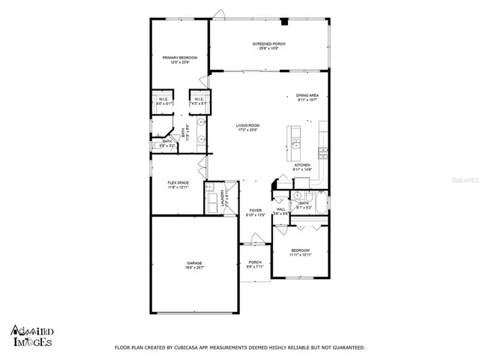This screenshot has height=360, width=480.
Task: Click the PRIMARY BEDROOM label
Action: tap(179, 57)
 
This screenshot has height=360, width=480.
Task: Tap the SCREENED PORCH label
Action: tap(268, 44)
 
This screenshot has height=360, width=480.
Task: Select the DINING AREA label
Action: tap(307, 95)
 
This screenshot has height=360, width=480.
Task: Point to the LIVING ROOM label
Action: tap(247, 125)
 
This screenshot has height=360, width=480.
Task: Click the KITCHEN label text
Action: tap(302, 165)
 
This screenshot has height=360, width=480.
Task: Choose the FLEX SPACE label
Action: tap(178, 183)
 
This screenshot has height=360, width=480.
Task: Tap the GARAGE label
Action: tap(194, 262)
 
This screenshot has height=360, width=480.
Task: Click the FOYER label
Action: tap(255, 211)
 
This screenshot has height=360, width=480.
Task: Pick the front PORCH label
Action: tap(255, 262)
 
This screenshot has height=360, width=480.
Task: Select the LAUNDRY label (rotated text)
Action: tap(223, 198)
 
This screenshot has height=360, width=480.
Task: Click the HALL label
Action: tap(280, 210)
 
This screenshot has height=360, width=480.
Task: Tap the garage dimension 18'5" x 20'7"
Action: tap(194, 267)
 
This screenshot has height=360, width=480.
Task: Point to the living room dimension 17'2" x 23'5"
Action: tap(247, 130)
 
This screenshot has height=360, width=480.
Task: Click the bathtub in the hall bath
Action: tap(321, 203)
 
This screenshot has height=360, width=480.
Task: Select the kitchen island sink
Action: tap(296, 140)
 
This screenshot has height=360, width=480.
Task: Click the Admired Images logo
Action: tap(31, 334)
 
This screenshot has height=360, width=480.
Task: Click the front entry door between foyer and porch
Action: tap(254, 244)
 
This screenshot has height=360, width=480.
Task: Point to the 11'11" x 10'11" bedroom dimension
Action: tap(299, 255)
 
